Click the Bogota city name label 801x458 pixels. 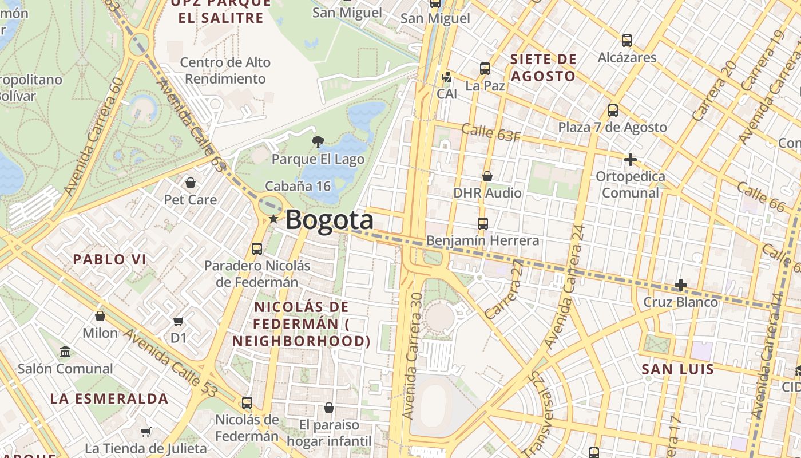click(x=329, y=220)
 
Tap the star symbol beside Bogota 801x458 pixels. click(x=273, y=219)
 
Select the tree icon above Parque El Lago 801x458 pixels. click(x=318, y=141)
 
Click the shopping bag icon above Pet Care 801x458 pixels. click(x=190, y=183)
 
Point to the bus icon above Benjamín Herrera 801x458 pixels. click(x=483, y=223)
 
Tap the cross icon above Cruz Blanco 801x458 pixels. click(x=680, y=285)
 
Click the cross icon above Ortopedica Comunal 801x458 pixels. click(x=631, y=160)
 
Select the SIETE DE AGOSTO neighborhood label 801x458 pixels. click(x=543, y=68)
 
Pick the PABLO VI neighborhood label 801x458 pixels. click(x=109, y=259)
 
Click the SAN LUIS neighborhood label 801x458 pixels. click(x=678, y=369)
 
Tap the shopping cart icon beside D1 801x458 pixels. click(x=179, y=321)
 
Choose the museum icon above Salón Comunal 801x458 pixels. click(x=65, y=351)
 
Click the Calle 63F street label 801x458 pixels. click(x=491, y=132)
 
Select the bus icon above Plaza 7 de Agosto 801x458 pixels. click(x=613, y=110)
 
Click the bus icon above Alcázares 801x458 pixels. click(x=627, y=41)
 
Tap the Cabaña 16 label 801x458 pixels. click(x=298, y=186)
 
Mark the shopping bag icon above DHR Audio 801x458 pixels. click(x=487, y=176)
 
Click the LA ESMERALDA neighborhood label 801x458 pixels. click(x=109, y=398)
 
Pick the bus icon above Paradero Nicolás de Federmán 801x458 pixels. click(x=257, y=249)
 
